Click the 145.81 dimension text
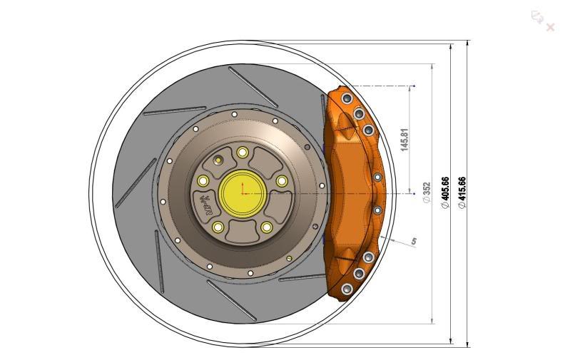point(405,140)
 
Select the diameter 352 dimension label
point(427,192)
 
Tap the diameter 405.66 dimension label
point(446,192)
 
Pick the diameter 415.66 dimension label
point(462,192)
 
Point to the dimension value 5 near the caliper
point(414,242)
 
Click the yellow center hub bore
point(242,192)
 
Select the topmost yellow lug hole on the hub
point(243,152)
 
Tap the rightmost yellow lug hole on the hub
point(282,181)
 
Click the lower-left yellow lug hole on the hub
point(218,227)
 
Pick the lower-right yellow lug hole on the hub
point(267,227)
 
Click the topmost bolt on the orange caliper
point(347,98)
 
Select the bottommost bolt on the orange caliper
point(347,289)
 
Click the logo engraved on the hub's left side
point(206,205)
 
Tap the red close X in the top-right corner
point(550,27)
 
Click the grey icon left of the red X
point(536,16)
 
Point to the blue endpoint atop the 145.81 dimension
point(414,86)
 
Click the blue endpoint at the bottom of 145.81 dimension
point(414,192)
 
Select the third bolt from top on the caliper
point(369,130)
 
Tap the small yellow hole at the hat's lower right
point(288,258)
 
